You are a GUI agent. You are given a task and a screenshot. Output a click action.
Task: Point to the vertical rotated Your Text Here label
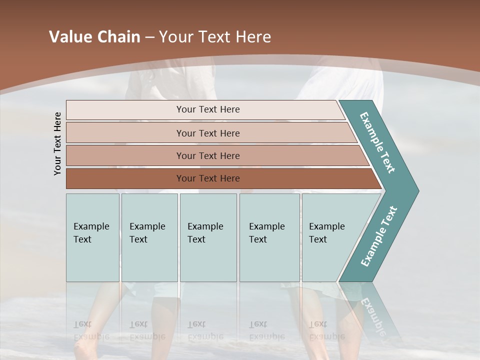57,143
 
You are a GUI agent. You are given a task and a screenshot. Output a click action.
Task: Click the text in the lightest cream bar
208,109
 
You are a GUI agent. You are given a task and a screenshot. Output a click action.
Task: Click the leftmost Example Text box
92,237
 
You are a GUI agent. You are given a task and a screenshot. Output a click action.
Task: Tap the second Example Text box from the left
149,237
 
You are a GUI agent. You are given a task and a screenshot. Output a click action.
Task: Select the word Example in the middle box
205,226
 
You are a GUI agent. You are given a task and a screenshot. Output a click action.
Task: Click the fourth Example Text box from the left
269,237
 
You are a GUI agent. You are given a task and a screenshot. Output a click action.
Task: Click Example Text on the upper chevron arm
377,142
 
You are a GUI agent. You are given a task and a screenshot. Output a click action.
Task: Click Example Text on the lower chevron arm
379,236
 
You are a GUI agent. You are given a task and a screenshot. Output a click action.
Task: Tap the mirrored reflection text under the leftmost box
91,330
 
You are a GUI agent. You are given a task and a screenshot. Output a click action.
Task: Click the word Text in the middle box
196,239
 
